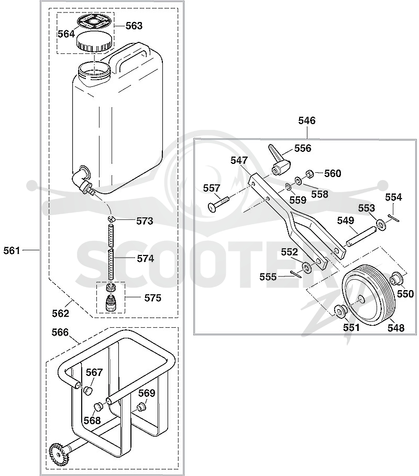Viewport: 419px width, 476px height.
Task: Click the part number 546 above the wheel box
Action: pos(307,120)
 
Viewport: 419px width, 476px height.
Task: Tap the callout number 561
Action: pos(12,250)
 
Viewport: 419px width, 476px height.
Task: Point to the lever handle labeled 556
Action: pos(278,160)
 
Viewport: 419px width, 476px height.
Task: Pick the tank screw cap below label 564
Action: pos(94,42)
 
